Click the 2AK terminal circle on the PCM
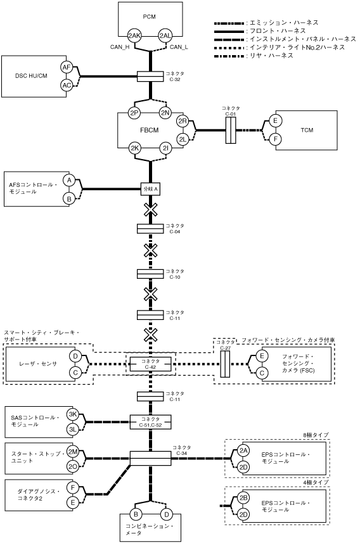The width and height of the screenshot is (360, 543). tap(134, 35)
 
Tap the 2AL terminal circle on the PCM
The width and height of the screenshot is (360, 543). tap(165, 35)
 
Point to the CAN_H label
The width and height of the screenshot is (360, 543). tap(120, 47)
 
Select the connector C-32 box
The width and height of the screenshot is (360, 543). tap(150, 77)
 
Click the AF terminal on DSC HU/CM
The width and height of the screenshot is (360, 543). tap(67, 68)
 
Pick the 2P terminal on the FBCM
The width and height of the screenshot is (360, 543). tap(134, 113)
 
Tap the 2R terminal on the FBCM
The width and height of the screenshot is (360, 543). tap(183, 121)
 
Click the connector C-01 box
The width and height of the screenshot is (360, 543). tap(231, 131)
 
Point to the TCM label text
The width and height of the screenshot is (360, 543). tap(307, 131)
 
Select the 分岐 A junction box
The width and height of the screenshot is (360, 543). tap(150, 189)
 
